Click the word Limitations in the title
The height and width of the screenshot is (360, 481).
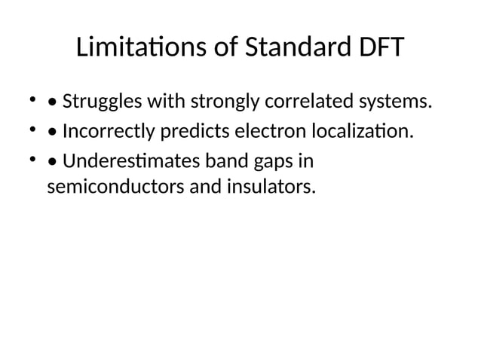click(140, 49)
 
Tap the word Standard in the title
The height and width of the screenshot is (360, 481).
click(291, 49)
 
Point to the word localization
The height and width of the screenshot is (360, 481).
click(362, 132)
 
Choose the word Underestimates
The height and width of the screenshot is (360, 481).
click(124, 162)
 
